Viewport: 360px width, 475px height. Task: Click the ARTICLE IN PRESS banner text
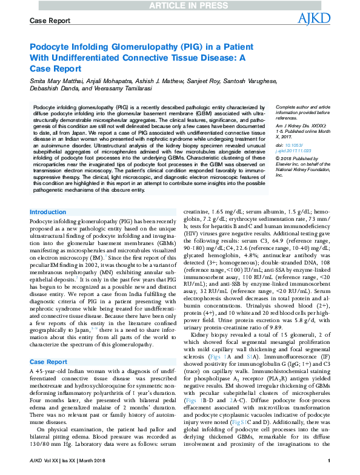pyautogui.click(x=180, y=6)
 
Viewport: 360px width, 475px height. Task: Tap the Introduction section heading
pyautogui.click(x=48, y=212)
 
